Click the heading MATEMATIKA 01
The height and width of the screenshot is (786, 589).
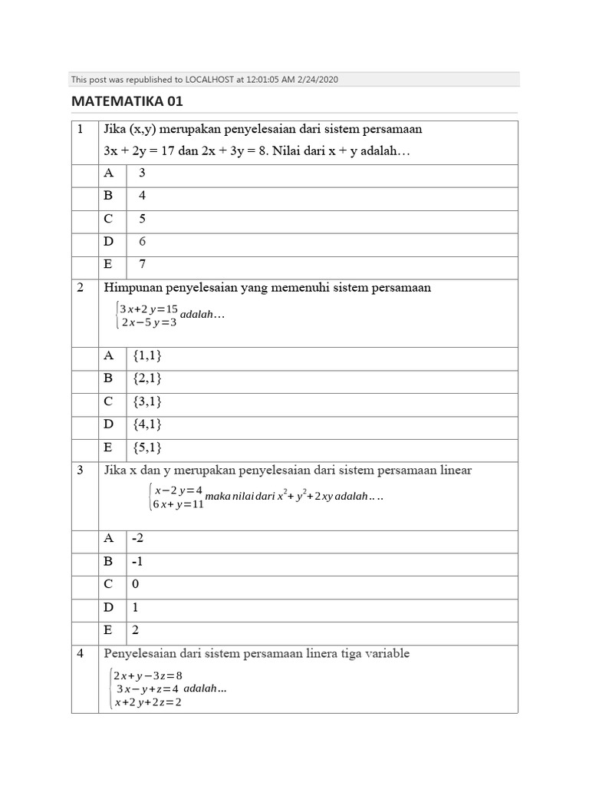point(127,101)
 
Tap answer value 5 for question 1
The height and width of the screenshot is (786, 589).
point(142,219)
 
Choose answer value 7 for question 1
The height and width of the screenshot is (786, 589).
point(142,264)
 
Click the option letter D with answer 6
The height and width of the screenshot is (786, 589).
point(108,241)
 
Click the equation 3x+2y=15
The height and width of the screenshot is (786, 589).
point(149,309)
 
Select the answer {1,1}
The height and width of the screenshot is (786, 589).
point(147,355)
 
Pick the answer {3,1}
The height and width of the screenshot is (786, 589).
point(147,401)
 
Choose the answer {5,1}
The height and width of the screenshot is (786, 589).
point(147,447)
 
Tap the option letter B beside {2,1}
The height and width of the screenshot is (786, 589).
point(108,378)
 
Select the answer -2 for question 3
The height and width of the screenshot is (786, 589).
point(139,539)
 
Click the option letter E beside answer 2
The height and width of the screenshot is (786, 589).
point(108,630)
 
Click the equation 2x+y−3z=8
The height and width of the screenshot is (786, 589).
point(147,675)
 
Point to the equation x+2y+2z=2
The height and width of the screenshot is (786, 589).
point(147,702)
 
